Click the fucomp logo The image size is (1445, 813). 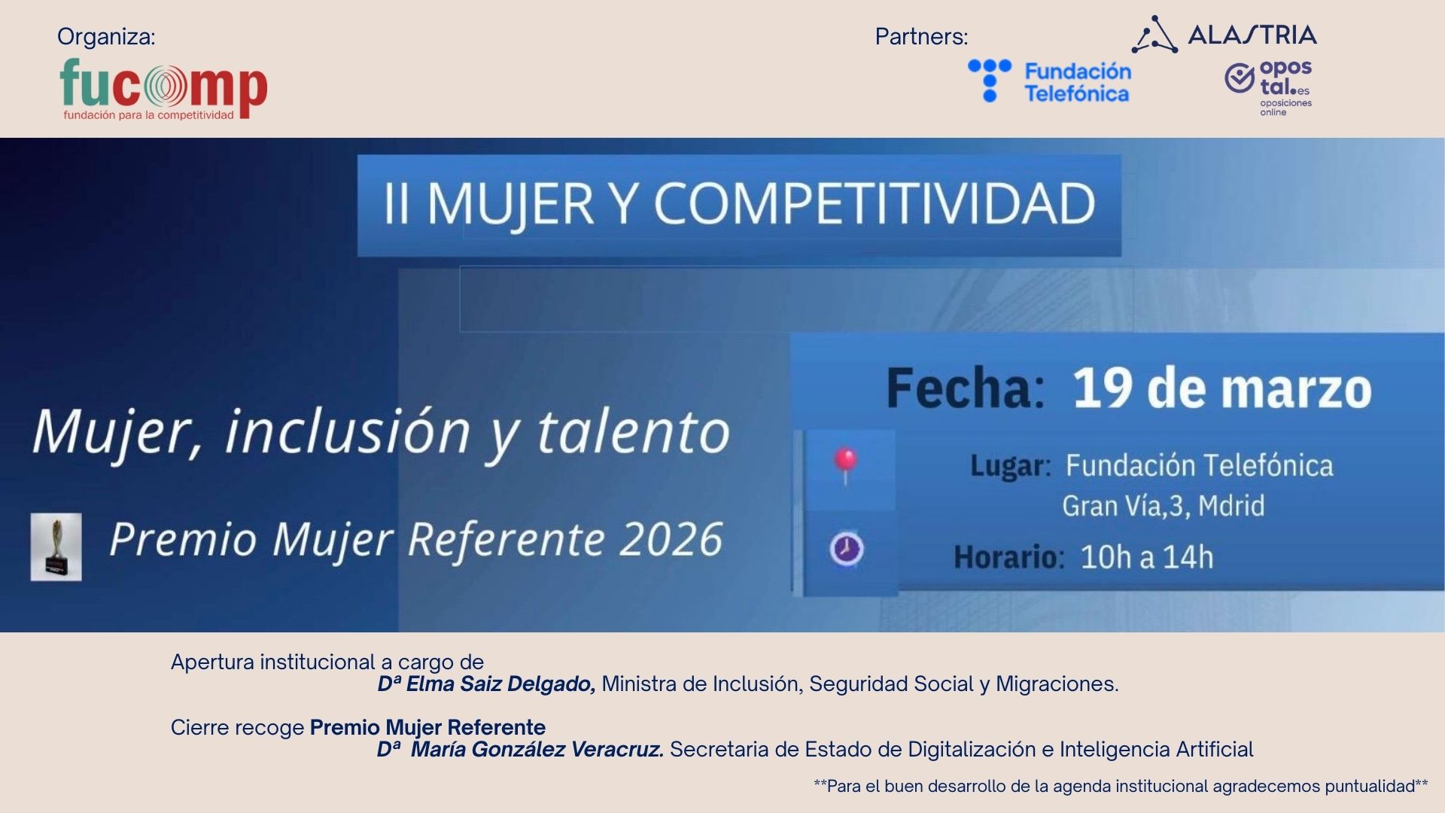tap(163, 89)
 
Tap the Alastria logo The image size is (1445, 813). tap(1224, 35)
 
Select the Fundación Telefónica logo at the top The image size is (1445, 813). tap(1050, 81)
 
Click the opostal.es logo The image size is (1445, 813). tap(1270, 87)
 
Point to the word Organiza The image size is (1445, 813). tap(106, 37)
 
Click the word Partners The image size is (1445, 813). tap(921, 37)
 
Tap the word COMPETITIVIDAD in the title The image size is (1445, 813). tap(874, 204)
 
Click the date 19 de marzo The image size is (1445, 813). tap(1221, 388)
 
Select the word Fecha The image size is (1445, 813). tap(965, 388)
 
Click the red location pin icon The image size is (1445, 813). tap(846, 461)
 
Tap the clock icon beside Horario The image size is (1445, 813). tap(847, 549)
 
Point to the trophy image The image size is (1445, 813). tap(56, 547)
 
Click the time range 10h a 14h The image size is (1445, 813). tap(1147, 558)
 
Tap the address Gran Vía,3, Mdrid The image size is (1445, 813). tap(1163, 506)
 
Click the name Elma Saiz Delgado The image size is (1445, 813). tap(500, 684)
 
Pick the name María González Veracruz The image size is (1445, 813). tap(537, 750)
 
